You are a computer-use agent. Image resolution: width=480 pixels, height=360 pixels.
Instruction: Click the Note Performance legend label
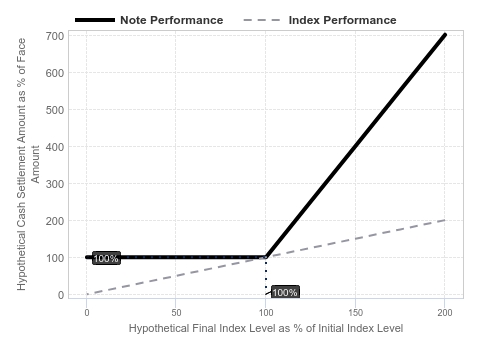(x=172, y=20)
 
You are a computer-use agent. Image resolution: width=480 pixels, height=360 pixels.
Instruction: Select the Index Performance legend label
(x=343, y=20)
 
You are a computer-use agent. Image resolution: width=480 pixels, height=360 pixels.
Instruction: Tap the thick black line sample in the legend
(x=95, y=20)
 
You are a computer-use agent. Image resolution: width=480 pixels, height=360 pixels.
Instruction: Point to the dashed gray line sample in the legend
(x=262, y=20)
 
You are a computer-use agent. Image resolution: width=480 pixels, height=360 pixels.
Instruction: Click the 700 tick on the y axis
(x=55, y=36)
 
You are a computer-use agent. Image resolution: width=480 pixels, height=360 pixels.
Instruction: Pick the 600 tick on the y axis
(x=55, y=73)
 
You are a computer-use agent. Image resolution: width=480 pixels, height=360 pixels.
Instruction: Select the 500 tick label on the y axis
(x=55, y=110)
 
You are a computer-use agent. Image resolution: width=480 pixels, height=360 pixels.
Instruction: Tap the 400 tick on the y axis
(x=55, y=147)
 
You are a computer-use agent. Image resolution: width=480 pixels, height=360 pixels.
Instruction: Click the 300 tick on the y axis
(x=55, y=184)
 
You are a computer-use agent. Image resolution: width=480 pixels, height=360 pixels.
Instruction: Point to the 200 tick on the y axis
(x=55, y=221)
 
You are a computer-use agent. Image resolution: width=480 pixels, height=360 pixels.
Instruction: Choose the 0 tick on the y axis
(x=61, y=295)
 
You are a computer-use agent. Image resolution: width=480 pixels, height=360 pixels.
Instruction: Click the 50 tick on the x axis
(x=176, y=312)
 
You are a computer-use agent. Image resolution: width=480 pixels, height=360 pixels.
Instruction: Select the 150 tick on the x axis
(x=355, y=312)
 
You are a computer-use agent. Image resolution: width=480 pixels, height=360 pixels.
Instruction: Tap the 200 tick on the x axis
(x=445, y=312)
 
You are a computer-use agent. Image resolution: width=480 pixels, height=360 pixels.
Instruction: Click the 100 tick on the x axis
(x=266, y=312)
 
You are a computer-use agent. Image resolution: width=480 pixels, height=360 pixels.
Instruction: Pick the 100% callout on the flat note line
(x=106, y=258)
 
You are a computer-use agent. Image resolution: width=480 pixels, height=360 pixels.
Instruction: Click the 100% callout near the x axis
(x=285, y=292)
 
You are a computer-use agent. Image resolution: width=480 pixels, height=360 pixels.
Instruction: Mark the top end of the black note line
(x=445, y=35)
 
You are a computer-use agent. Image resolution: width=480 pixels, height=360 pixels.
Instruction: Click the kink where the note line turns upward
(x=266, y=257)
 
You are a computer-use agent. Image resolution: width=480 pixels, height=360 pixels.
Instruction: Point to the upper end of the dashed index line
(x=445, y=220)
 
